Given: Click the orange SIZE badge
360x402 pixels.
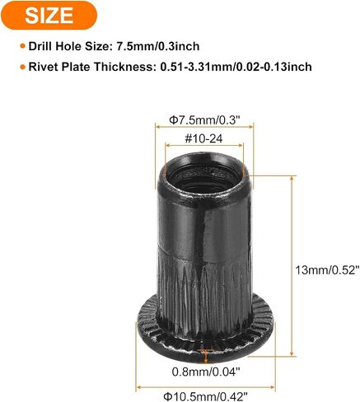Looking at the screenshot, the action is pyautogui.click(x=49, y=15).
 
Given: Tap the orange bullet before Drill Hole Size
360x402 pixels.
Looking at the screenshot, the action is pyautogui.click(x=23, y=46).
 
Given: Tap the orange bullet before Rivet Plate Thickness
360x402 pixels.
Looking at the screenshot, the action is pyautogui.click(x=23, y=67).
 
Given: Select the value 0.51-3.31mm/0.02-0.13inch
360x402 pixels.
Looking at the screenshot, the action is pyautogui.click(x=236, y=67).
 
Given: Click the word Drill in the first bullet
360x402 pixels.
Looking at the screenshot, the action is pyautogui.click(x=40, y=46).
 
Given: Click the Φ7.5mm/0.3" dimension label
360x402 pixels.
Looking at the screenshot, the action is pyautogui.click(x=204, y=120).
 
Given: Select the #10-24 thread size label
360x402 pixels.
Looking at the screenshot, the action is pyautogui.click(x=203, y=138).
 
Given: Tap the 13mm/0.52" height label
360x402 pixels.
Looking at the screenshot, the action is pyautogui.click(x=327, y=270).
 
